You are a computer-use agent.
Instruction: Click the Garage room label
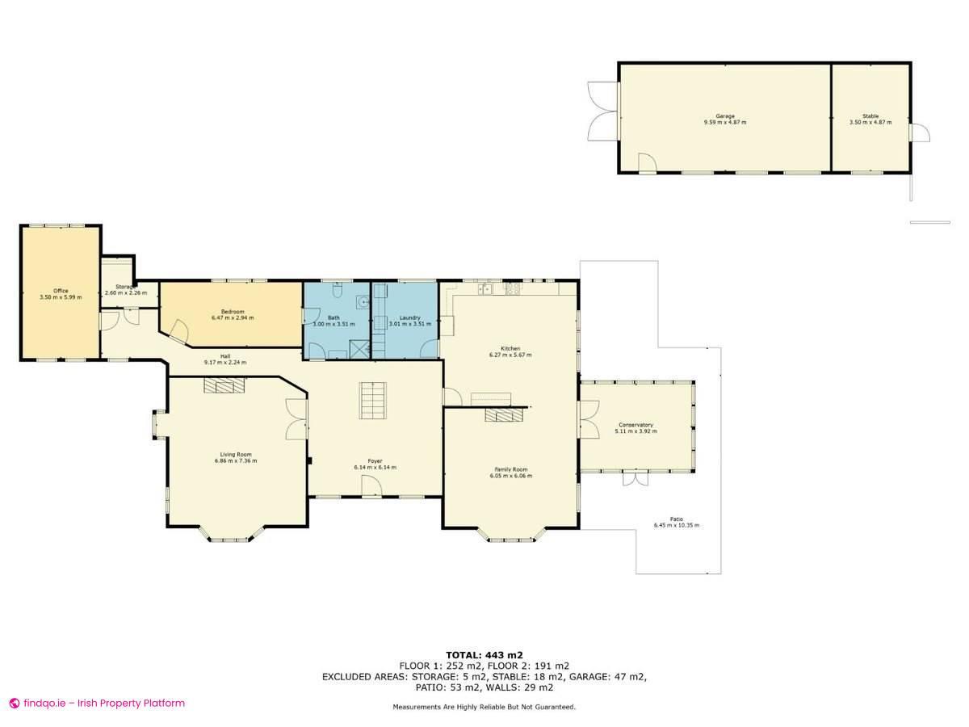pyautogui.click(x=724, y=116)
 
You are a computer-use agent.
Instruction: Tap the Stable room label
pyautogui.click(x=870, y=116)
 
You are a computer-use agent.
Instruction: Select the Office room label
pyautogui.click(x=61, y=291)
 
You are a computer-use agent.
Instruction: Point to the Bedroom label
pyautogui.click(x=233, y=311)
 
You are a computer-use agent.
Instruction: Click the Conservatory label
pyautogui.click(x=636, y=425)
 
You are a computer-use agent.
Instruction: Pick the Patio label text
pyautogui.click(x=676, y=519)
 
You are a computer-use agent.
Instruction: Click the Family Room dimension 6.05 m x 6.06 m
pyautogui.click(x=510, y=476)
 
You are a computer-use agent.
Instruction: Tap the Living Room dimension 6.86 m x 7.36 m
pyautogui.click(x=236, y=460)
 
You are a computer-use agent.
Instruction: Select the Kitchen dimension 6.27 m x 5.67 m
pyautogui.click(x=510, y=355)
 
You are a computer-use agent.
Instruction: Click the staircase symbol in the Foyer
pyautogui.click(x=373, y=400)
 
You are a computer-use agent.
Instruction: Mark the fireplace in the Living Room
pyautogui.click(x=223, y=386)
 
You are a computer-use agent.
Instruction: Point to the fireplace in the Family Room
pyautogui.click(x=504, y=414)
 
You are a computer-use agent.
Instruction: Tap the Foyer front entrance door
pyautogui.click(x=371, y=486)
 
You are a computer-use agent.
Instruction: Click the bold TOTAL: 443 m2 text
pyautogui.click(x=484, y=654)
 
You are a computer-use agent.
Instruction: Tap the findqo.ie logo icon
pyautogui.click(x=14, y=704)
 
